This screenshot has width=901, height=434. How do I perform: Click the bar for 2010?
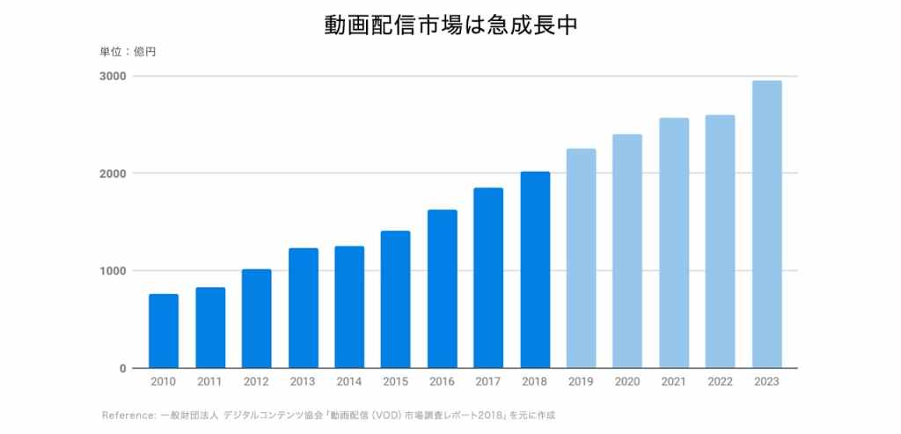(164, 331)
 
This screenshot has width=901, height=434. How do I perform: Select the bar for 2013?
(304, 308)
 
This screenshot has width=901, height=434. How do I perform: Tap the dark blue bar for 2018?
(535, 269)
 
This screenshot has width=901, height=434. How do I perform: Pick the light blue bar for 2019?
(581, 258)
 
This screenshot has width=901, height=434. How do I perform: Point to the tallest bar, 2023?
(767, 224)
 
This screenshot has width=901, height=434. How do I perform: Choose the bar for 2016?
(442, 289)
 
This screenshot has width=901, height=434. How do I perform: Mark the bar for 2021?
(674, 243)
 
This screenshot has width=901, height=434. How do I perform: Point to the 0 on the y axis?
(123, 368)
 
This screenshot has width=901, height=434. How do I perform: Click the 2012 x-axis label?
(256, 382)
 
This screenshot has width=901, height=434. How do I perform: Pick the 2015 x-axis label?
(395, 382)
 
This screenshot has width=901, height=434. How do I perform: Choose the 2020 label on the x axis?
(627, 382)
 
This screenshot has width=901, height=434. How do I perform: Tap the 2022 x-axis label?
(721, 382)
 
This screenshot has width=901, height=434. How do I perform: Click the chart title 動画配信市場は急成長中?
(450, 25)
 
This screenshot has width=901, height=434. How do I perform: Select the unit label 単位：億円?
(128, 52)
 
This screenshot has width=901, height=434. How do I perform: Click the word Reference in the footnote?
(128, 415)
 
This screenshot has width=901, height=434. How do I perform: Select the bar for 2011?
(210, 327)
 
